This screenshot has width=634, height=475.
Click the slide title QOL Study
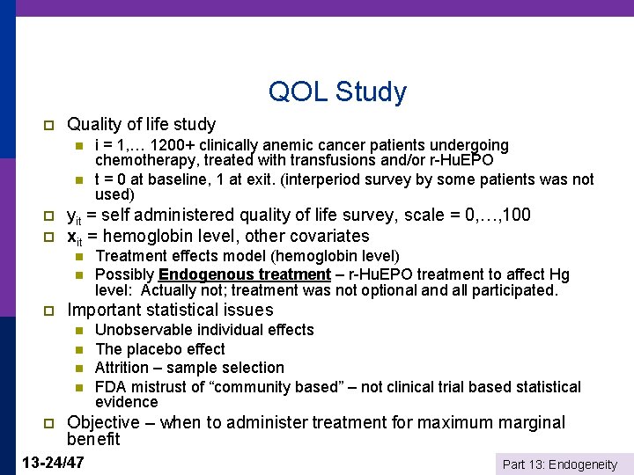click(x=337, y=91)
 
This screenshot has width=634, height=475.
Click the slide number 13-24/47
click(x=52, y=461)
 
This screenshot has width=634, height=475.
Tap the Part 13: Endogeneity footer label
click(x=559, y=464)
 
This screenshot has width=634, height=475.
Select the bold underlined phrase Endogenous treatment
click(x=244, y=274)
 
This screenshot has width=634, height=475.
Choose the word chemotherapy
click(x=142, y=160)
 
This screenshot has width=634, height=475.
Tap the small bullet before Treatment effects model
click(x=78, y=257)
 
